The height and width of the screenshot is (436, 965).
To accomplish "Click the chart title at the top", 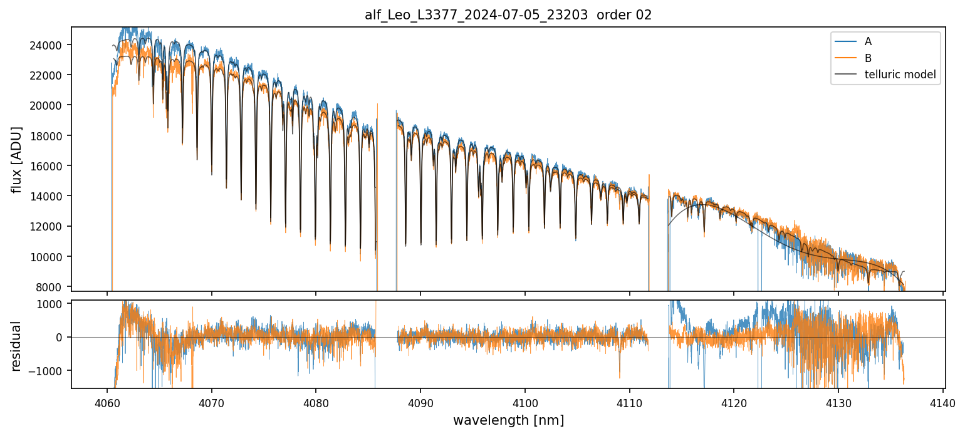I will pos(508,15).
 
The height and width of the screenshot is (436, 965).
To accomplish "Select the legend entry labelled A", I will pos(868,41).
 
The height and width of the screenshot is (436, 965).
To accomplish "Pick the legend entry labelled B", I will pos(868,58).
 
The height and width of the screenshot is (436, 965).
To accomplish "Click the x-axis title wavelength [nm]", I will pos(508,420).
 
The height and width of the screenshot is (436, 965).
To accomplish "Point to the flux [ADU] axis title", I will pos(16,159).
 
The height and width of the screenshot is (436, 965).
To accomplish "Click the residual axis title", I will pos(16,346).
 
